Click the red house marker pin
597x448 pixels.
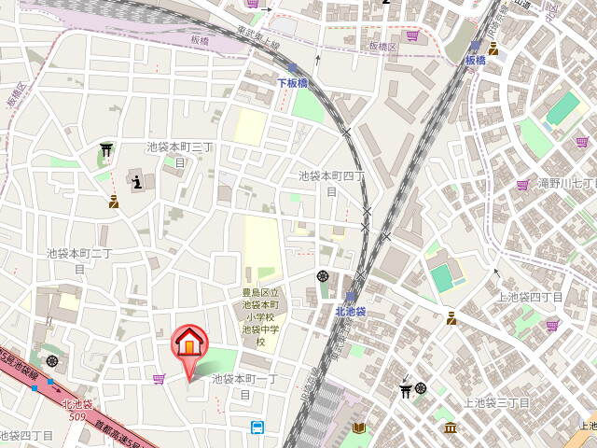[189, 344]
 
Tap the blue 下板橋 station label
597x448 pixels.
[292, 83]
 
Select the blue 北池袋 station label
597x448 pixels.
[351, 311]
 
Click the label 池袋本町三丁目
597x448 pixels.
[180, 154]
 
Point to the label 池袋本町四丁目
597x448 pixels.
[331, 182]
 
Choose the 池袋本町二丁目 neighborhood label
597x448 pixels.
[79, 259]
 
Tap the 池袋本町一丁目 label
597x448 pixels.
[245, 385]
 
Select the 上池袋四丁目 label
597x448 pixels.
[529, 297]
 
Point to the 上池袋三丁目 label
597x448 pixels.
[496, 402]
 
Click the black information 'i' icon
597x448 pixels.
[137, 182]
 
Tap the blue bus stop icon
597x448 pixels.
[257, 427]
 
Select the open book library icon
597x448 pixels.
[359, 427]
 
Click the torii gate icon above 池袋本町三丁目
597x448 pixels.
[106, 149]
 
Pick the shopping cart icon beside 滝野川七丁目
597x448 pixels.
[522, 184]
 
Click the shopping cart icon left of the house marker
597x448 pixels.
[159, 378]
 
